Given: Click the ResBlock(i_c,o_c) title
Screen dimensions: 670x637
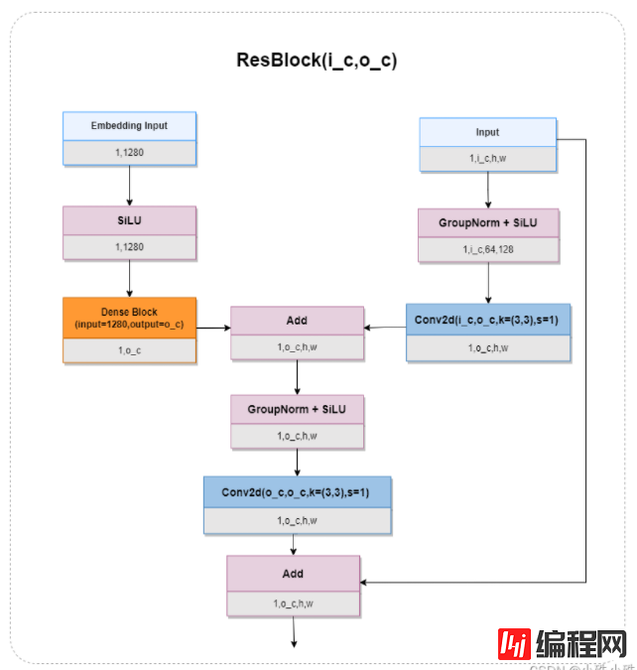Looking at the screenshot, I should (317, 60).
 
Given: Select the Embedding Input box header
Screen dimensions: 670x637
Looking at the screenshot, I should (129, 126).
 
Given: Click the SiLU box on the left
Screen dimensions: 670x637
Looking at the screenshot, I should (129, 220).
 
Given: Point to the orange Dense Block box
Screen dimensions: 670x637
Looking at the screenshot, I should (129, 318).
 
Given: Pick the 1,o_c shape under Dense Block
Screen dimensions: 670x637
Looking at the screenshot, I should (129, 349).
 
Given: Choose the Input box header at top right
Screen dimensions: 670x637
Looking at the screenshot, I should (487, 132).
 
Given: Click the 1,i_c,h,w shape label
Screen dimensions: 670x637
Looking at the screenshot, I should (487, 158).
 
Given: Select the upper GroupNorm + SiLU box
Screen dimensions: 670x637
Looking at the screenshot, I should (487, 223).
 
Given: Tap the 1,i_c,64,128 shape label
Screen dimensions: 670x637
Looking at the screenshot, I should (487, 249).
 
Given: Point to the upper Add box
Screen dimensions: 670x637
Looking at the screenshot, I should (297, 321).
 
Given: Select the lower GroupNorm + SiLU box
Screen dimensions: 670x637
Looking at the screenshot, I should (297, 409).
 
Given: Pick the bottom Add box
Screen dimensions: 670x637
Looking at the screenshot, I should (293, 573).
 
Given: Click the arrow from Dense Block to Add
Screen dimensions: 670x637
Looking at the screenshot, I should (212, 327).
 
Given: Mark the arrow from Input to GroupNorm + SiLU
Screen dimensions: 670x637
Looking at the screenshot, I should (487, 190).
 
